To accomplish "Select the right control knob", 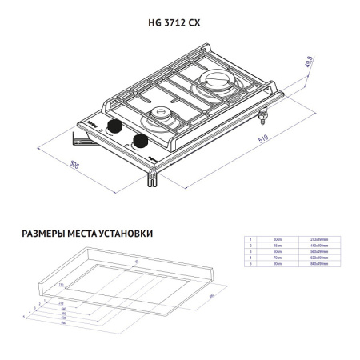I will coord(142,142).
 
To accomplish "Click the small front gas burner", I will coord(163,118).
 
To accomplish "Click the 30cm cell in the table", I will coord(278,239).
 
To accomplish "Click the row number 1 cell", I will coord(250,239).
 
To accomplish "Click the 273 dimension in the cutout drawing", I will coord(61,303).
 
